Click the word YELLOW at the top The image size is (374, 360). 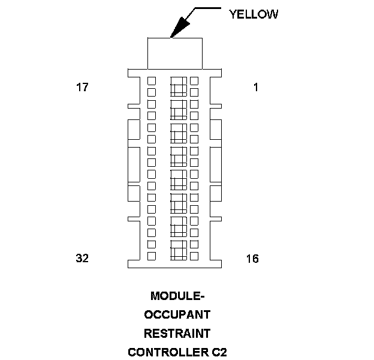pyautogui.click(x=254, y=14)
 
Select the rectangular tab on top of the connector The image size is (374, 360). pyautogui.click(x=174, y=53)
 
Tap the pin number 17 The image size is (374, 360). pyautogui.click(x=82, y=88)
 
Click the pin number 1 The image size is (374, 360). pyautogui.click(x=256, y=88)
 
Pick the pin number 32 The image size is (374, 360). pyautogui.click(x=82, y=259)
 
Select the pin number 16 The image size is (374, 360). pyautogui.click(x=252, y=259)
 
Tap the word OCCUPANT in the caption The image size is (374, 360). pyautogui.click(x=177, y=314)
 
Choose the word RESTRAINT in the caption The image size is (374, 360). pyautogui.click(x=177, y=333)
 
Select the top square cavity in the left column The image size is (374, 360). pyautogui.click(x=152, y=80)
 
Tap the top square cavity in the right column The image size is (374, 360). pyautogui.click(x=194, y=80)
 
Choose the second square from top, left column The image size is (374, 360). pyautogui.click(x=152, y=92)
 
